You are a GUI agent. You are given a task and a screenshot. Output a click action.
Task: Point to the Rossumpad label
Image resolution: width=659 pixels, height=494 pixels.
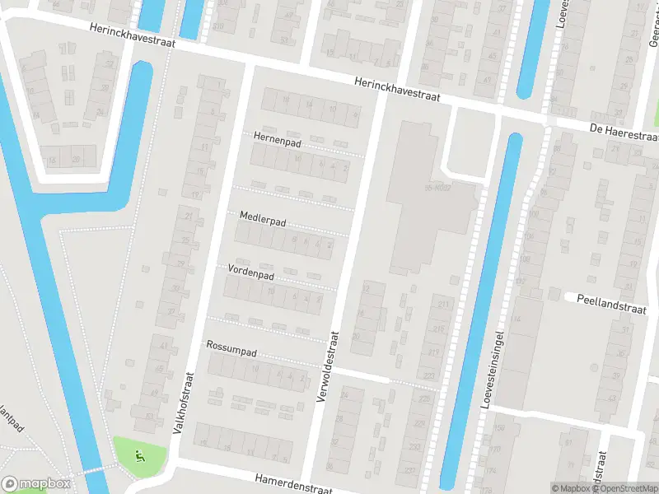click(x=232, y=349)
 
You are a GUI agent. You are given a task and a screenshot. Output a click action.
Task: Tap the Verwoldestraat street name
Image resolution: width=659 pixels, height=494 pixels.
click(x=326, y=367)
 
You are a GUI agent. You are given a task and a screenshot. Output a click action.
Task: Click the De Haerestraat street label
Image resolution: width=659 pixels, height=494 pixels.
click(x=624, y=132)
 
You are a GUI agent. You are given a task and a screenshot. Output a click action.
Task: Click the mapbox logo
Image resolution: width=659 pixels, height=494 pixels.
click(x=36, y=484)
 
